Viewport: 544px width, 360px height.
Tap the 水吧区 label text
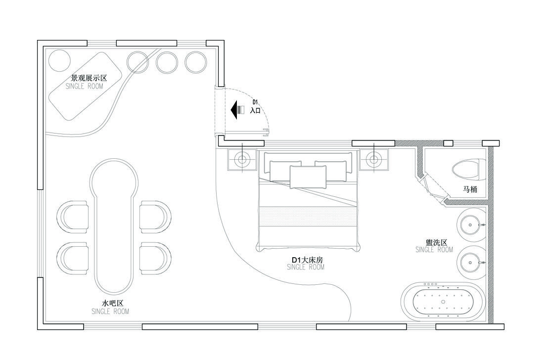[110, 303]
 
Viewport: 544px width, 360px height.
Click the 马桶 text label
[470, 189]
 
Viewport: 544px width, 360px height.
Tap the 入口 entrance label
[255, 111]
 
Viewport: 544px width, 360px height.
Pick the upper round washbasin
[470, 225]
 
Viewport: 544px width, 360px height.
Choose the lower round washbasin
[470, 263]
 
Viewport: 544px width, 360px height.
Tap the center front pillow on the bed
[308, 177]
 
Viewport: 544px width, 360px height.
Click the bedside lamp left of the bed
[242, 160]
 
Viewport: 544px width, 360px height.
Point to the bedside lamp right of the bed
[373, 160]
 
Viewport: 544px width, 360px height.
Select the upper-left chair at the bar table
[74, 217]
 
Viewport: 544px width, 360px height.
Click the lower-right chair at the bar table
[155, 258]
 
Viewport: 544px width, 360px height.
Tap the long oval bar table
[114, 226]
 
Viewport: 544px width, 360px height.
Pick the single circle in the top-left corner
[60, 60]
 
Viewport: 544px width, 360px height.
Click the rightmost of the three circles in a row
[196, 62]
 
